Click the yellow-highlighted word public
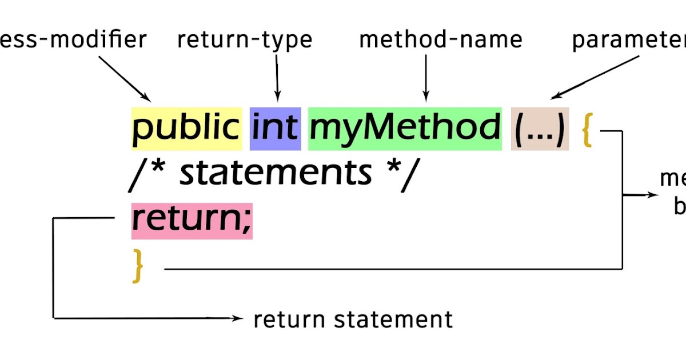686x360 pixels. tap(186, 129)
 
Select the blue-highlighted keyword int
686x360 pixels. tap(276, 129)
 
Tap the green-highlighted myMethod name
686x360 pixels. tap(405, 129)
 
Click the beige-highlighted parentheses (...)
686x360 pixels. tap(540, 129)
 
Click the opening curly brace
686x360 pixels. tap(586, 130)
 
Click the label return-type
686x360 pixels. tap(245, 39)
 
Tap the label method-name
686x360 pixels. tap(440, 39)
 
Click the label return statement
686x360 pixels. tap(353, 319)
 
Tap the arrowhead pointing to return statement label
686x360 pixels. tap(239, 318)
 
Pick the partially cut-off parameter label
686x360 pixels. tap(629, 41)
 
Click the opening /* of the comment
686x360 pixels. tap(145, 173)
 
